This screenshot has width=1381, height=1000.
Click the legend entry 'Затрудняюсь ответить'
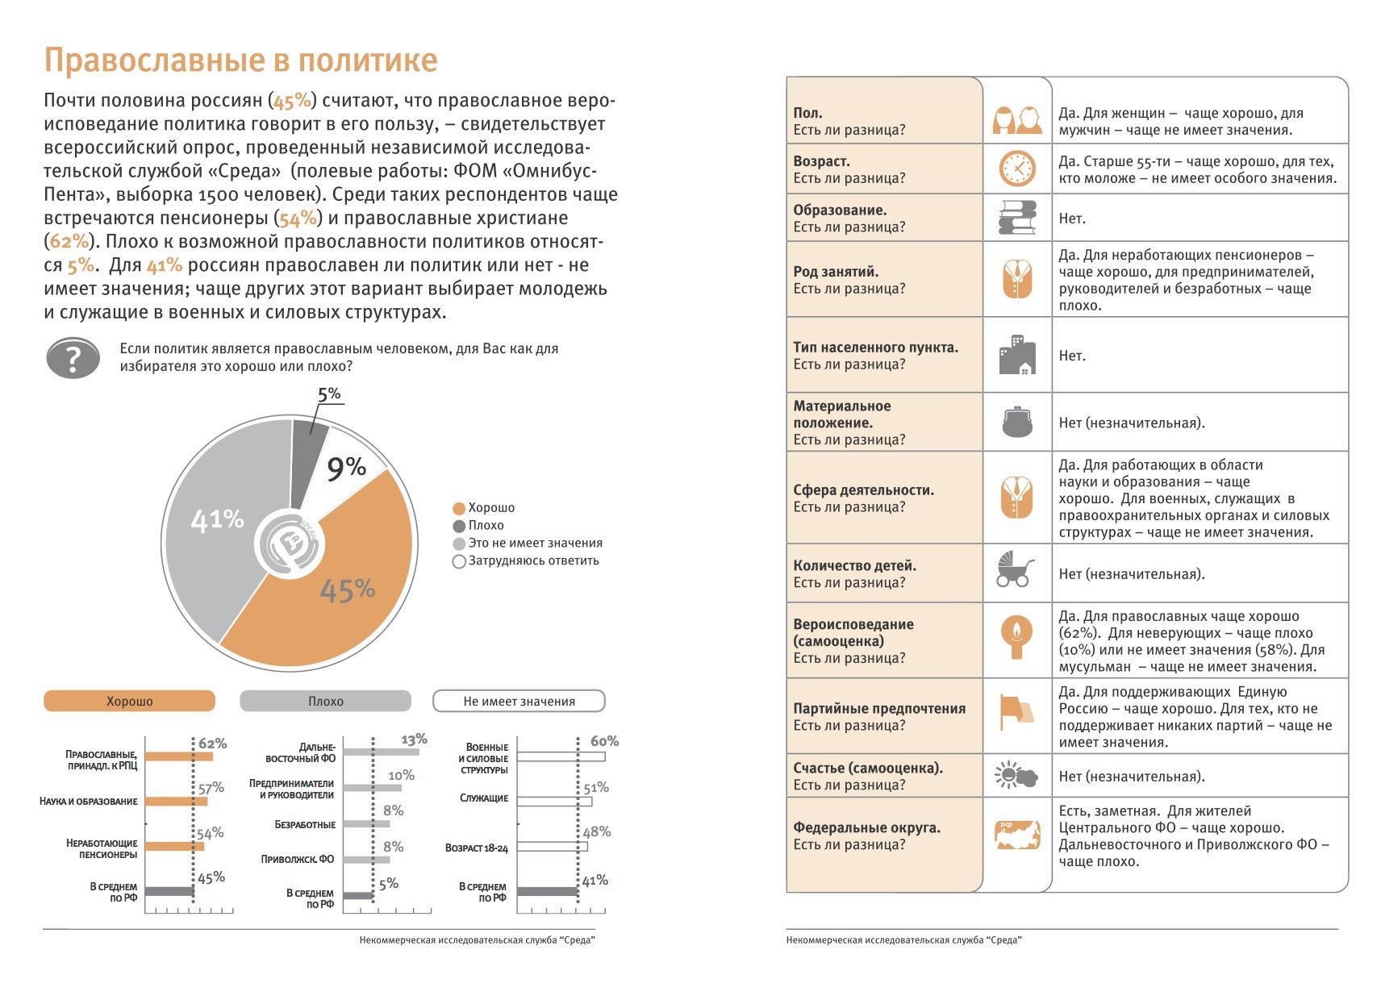point(533,561)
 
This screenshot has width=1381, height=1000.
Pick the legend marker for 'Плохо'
point(459,526)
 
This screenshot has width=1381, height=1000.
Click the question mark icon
point(73,358)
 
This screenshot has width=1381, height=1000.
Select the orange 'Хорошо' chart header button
point(129,701)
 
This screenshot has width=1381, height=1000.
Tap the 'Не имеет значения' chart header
point(519,701)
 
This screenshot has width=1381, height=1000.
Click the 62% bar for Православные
point(179,756)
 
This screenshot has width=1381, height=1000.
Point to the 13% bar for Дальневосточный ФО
point(381,752)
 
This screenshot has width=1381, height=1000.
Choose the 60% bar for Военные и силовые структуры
point(561,757)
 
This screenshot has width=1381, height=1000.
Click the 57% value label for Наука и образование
point(211,788)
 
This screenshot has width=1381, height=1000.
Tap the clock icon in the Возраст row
point(1017,169)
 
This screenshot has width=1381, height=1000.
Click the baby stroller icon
point(1016,569)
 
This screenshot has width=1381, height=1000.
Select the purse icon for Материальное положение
point(1017,422)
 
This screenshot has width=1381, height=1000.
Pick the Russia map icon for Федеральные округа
point(1017,834)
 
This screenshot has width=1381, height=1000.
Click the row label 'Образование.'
point(840,210)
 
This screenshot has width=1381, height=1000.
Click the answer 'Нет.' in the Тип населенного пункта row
point(1072,356)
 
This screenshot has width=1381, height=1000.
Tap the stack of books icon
point(1016,218)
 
